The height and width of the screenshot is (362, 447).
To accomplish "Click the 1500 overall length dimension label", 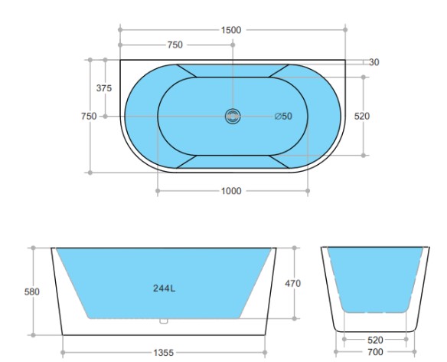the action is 231,30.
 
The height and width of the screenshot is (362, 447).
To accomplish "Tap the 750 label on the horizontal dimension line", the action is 175,44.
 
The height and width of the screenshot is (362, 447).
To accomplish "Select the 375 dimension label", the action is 104,88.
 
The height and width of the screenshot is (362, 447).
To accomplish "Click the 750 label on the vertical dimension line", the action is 89,117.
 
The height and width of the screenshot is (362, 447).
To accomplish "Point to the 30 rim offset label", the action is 374,62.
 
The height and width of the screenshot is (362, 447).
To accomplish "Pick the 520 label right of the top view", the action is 362,117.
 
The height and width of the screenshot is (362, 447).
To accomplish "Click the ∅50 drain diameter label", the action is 283,117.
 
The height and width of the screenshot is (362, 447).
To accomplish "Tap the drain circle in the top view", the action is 233,117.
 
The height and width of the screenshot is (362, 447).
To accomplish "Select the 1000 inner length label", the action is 231,191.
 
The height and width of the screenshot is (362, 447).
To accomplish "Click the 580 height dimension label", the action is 32,291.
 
